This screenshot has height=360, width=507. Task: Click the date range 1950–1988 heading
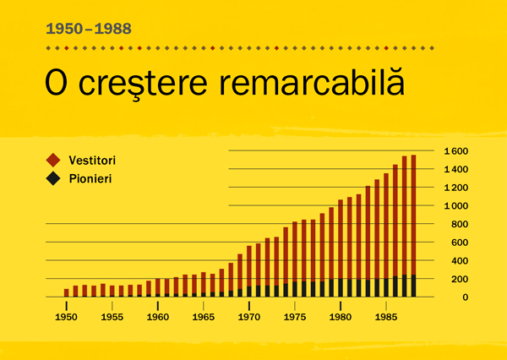coord(89,29)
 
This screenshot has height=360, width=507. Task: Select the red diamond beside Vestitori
coord(53,160)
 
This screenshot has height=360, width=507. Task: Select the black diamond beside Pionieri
coord(53,178)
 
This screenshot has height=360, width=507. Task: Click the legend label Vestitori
coord(92,160)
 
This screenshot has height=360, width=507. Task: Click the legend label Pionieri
coord(90,178)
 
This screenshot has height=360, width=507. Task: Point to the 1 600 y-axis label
coord(455,151)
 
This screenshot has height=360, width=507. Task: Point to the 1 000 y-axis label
coord(455,206)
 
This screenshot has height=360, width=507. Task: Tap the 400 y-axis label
coord(459,261)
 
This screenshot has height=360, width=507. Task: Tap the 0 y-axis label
coord(463,297)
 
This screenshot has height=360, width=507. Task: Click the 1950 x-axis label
coord(67,318)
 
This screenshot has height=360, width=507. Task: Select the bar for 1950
coord(67,293)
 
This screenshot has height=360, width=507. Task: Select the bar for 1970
coord(249,271)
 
